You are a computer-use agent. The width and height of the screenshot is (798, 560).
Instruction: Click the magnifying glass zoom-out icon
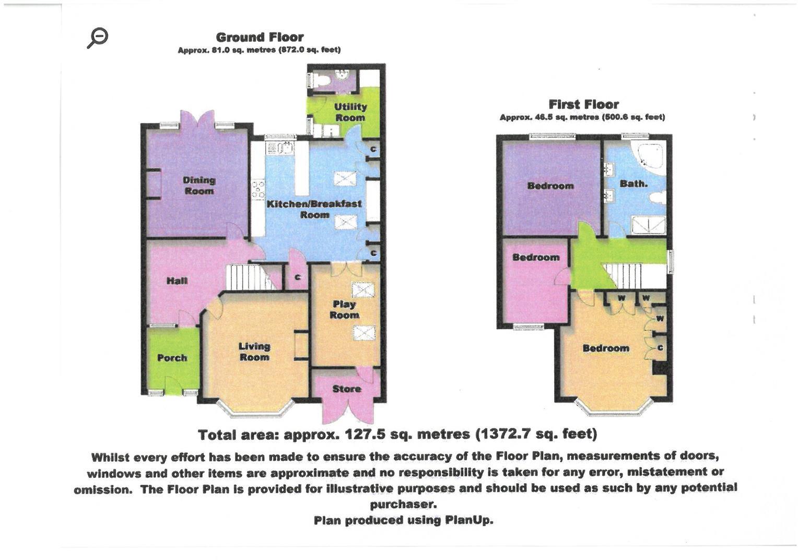[x=98, y=38]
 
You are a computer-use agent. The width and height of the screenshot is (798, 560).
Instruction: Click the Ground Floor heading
[x=260, y=37]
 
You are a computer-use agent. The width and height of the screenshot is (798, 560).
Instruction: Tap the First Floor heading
[x=583, y=104]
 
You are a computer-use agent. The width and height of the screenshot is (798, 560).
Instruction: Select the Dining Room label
[x=199, y=185]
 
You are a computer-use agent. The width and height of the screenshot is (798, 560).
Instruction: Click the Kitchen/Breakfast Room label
[x=314, y=209]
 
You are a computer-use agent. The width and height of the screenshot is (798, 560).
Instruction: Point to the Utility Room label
[x=350, y=112]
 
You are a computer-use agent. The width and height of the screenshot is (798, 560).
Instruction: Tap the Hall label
[x=177, y=281]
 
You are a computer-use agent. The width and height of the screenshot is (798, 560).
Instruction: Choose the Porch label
[x=172, y=358]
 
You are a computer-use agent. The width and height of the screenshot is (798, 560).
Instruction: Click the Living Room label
[x=254, y=352]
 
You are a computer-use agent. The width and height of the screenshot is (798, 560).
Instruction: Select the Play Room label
[x=344, y=310]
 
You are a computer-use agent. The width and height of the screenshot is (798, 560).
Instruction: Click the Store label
[x=347, y=389]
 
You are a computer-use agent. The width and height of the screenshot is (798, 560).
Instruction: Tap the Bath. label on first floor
[x=633, y=184]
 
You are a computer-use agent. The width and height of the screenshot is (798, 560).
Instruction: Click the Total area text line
[x=397, y=434]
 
